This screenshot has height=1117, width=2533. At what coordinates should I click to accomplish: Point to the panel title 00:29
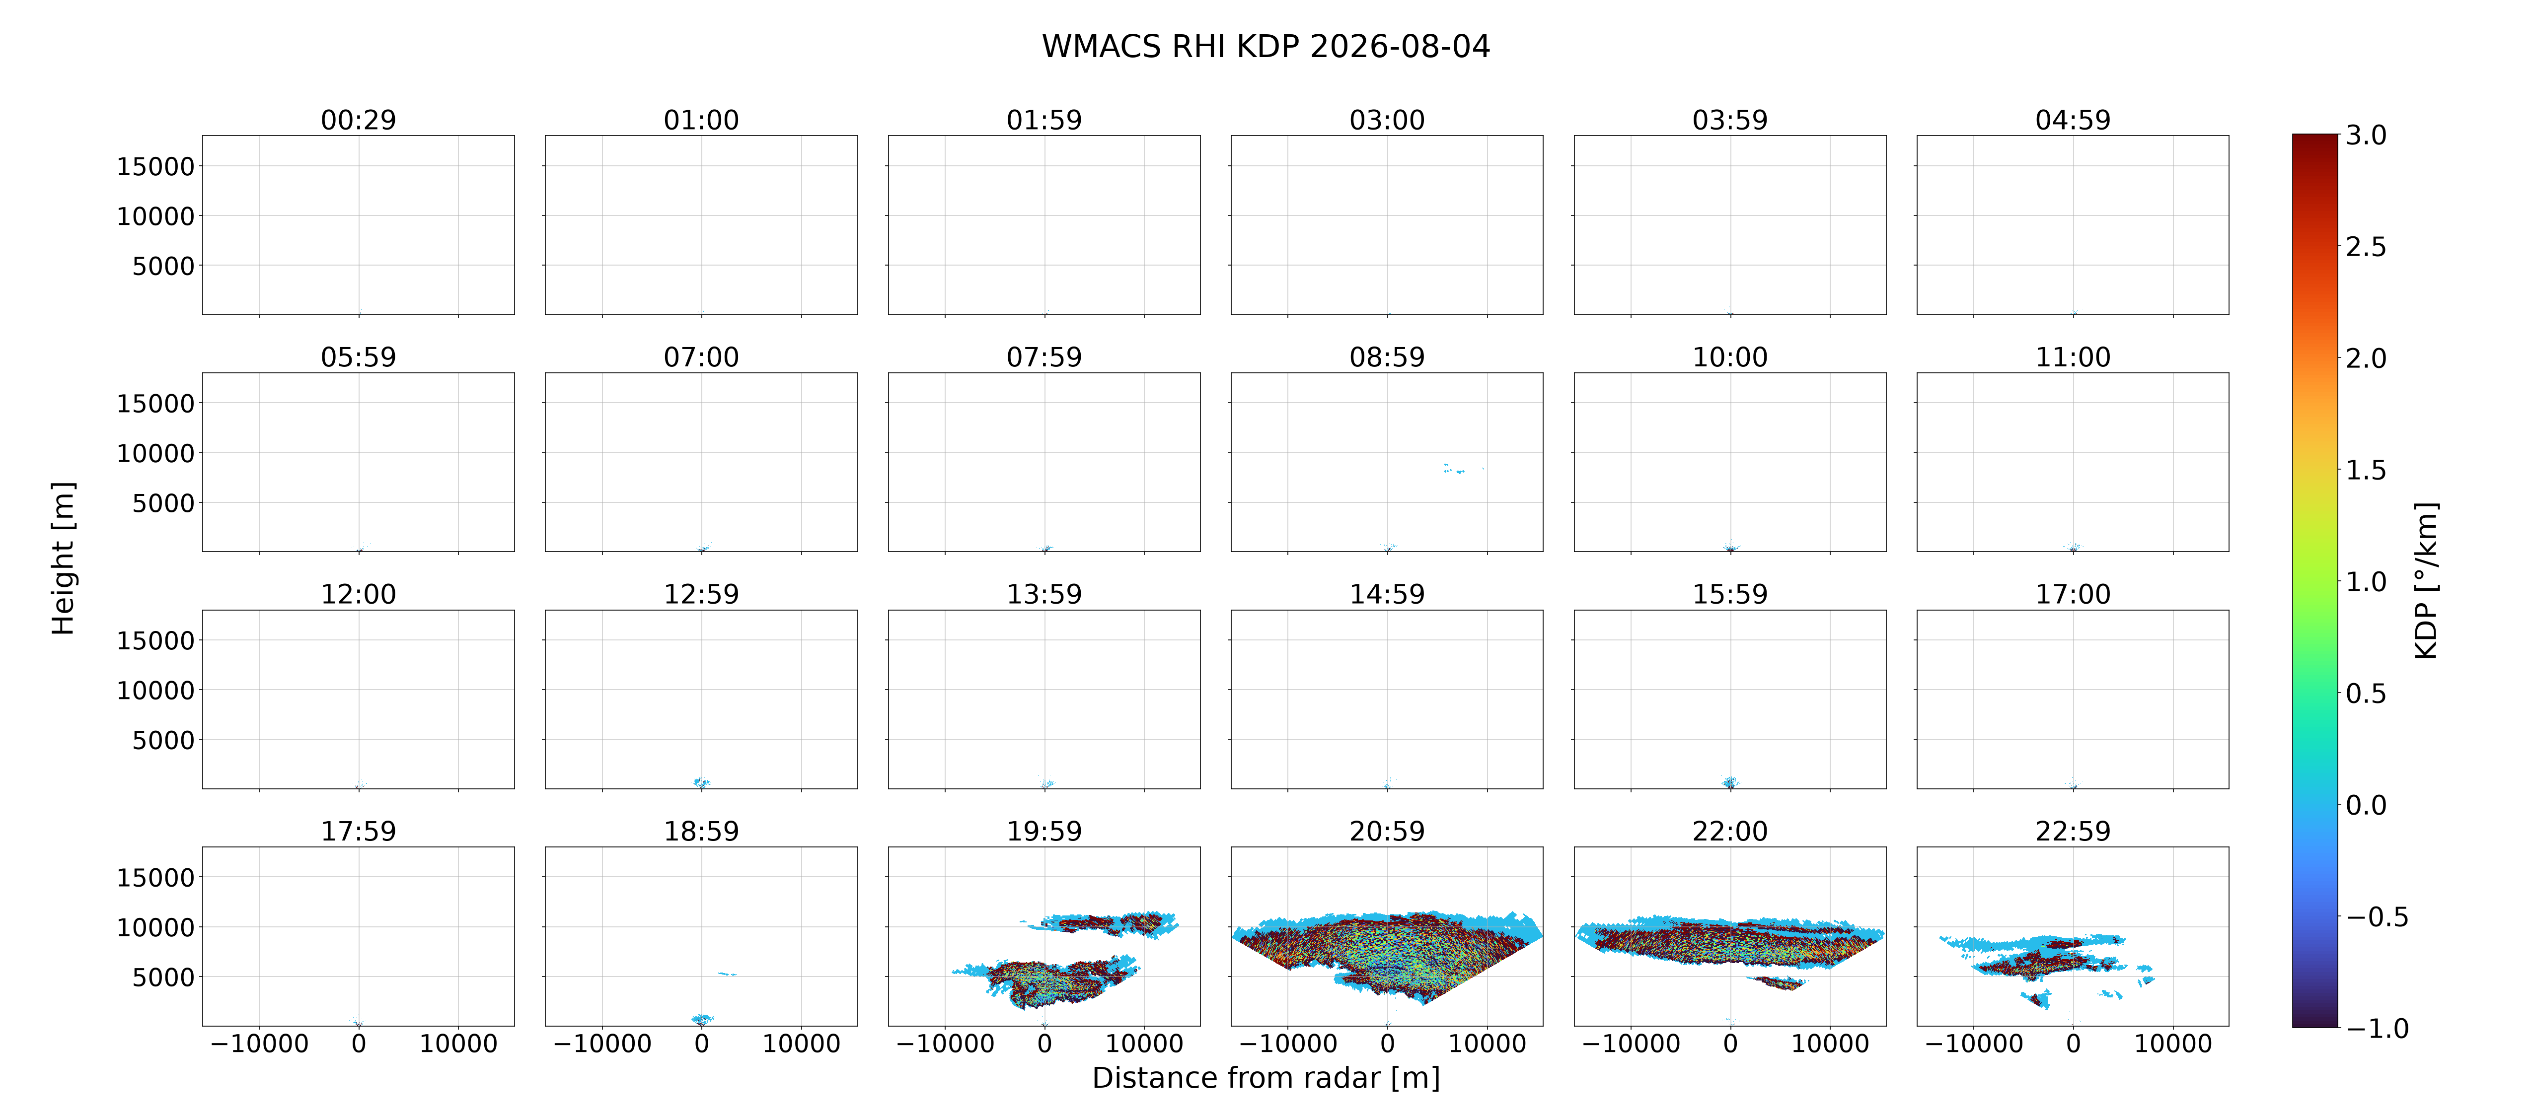tap(358, 120)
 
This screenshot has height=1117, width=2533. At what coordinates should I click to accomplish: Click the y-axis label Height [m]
tap(63, 558)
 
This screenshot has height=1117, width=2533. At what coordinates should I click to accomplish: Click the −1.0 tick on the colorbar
tap(2377, 1029)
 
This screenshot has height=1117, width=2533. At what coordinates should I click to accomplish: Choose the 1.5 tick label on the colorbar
tap(2366, 470)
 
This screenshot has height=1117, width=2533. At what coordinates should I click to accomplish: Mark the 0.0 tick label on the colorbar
tap(2366, 805)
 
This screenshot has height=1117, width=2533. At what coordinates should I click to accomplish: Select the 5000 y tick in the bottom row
tap(163, 977)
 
